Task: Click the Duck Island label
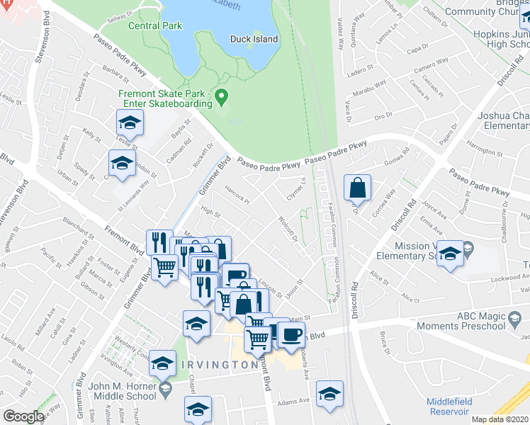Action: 254,39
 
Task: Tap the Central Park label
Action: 155,26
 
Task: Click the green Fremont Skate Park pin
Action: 222,96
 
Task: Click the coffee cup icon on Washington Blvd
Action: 290,334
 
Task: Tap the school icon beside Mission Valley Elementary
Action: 449,254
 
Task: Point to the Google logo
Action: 23,416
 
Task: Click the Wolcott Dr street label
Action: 288,228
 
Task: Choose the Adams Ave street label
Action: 294,400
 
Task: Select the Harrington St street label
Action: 483,150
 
